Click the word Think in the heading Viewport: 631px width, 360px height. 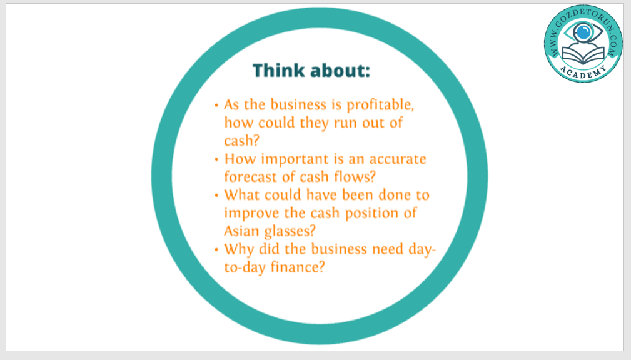click(278, 71)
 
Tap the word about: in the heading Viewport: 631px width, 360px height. click(340, 71)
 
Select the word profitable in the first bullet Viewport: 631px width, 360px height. click(380, 105)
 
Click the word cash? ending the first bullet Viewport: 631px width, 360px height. click(242, 141)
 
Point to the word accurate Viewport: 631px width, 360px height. click(398, 159)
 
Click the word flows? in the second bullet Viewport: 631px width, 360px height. click(355, 176)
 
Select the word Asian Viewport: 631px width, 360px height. click(242, 231)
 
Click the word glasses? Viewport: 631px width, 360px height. click(290, 231)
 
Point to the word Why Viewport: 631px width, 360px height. click(240, 249)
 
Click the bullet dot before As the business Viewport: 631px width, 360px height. click(216, 106)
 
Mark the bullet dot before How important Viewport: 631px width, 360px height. click(216, 159)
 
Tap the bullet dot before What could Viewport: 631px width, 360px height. click(216, 196)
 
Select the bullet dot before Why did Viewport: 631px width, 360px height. click(216, 250)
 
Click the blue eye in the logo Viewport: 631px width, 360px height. click(583, 32)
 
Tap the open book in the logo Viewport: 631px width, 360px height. click(583, 55)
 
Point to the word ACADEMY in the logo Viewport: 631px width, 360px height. click(583, 72)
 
